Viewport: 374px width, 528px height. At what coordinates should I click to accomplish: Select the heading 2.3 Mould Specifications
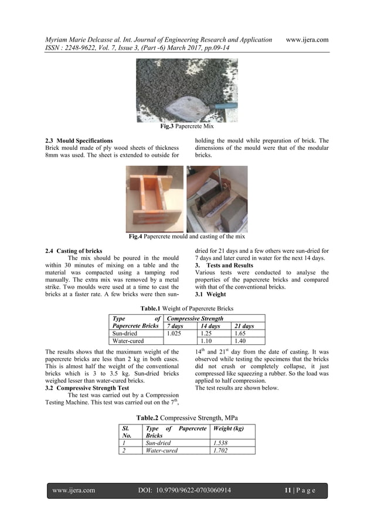pyautogui.click(x=79, y=141)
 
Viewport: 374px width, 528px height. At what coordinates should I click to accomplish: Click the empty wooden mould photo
pyautogui.click(x=155, y=199)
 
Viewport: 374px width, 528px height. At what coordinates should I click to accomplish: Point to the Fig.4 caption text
pyautogui.click(x=187, y=236)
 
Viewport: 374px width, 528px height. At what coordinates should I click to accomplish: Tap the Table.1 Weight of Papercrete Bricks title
pyautogui.click(x=187, y=308)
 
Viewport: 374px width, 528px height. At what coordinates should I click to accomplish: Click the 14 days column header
pyautogui.click(x=210, y=326)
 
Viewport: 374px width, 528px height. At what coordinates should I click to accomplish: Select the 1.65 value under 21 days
pyautogui.click(x=241, y=333)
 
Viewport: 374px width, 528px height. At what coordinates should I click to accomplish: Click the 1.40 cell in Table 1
pyautogui.click(x=241, y=341)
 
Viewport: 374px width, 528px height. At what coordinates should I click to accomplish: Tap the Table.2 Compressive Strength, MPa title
pyautogui.click(x=187, y=418)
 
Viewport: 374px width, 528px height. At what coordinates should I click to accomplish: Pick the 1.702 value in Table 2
pyautogui.click(x=222, y=451)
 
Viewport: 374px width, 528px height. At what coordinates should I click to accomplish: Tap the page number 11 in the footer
pyautogui.click(x=288, y=491)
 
